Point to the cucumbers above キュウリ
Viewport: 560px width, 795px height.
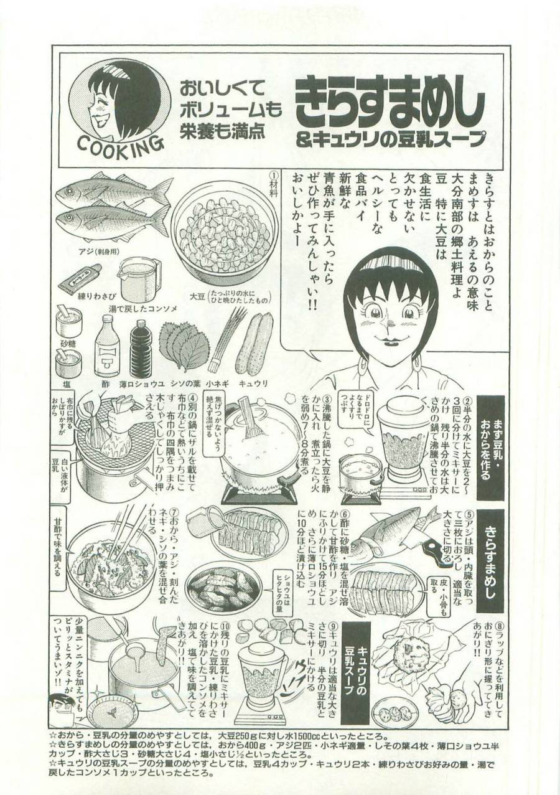click(254, 342)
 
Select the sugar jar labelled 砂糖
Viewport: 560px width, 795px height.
click(69, 322)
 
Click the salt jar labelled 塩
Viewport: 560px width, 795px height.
click(68, 362)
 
